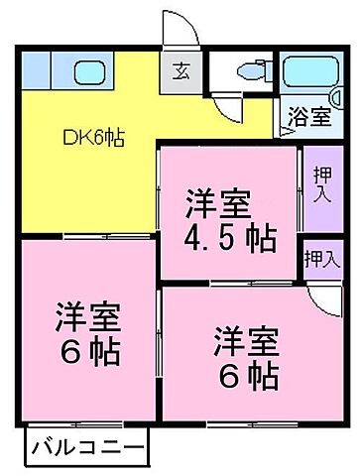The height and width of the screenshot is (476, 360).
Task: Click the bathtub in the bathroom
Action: point(308,73)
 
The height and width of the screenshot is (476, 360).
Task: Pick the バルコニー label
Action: point(85,444)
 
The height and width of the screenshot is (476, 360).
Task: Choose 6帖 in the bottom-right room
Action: point(244,376)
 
